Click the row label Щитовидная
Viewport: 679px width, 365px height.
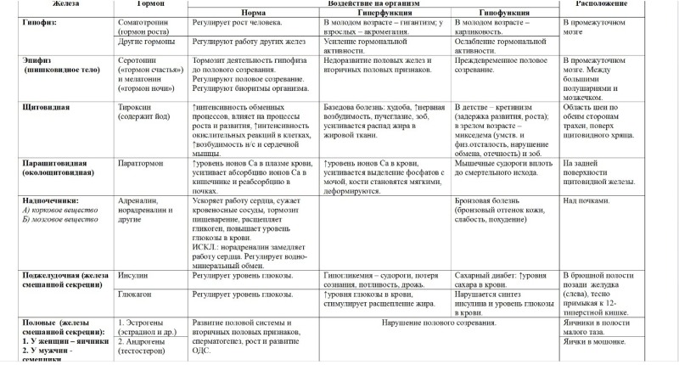point(46,108)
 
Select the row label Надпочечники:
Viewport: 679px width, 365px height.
point(52,200)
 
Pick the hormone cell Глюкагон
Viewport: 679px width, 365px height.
point(137,294)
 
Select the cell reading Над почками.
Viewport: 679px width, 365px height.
point(586,200)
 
